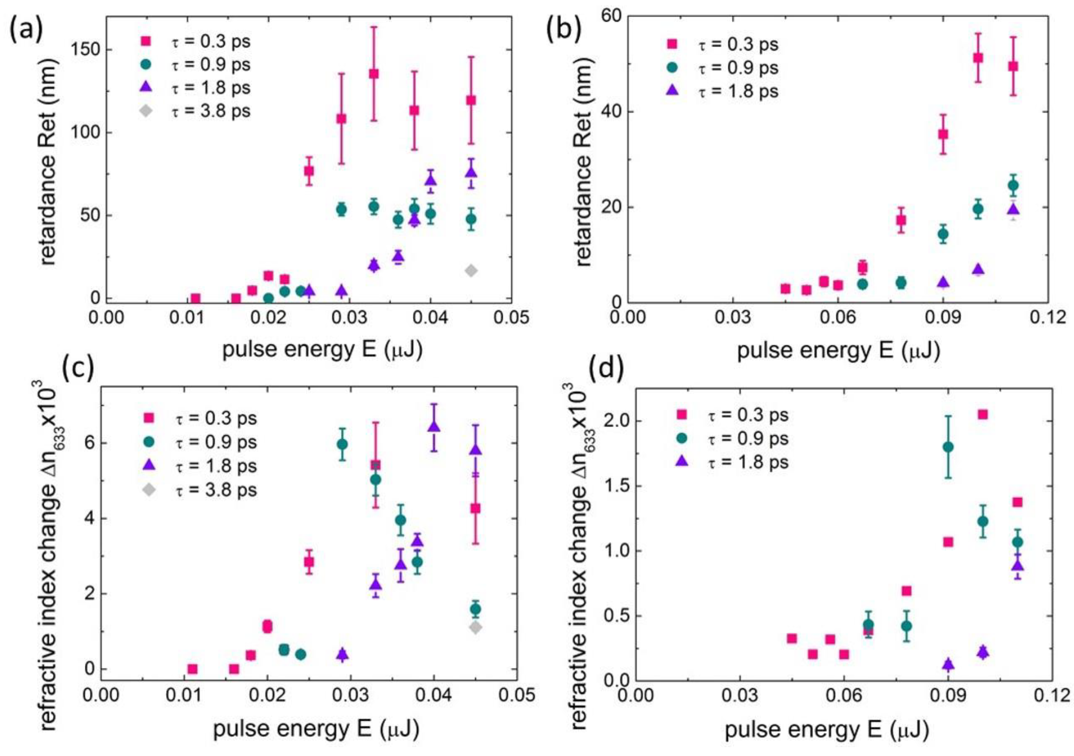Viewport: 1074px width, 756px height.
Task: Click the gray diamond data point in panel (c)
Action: (x=475, y=628)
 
